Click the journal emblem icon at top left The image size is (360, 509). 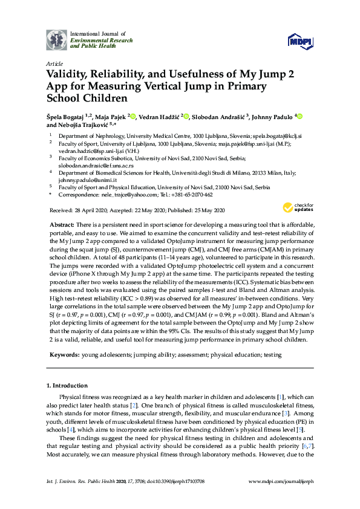(56, 39)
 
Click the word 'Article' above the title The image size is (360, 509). (55, 63)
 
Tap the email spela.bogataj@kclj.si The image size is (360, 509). (280, 137)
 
